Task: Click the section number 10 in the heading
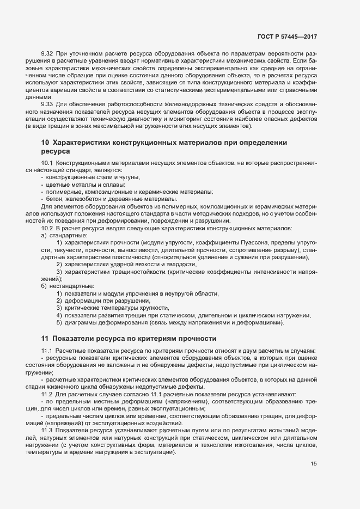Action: point(45,142)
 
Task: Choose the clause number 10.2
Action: point(47,228)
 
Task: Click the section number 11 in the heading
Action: point(45,338)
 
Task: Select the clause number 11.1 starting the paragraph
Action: point(47,352)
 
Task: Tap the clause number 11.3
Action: point(47,430)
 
